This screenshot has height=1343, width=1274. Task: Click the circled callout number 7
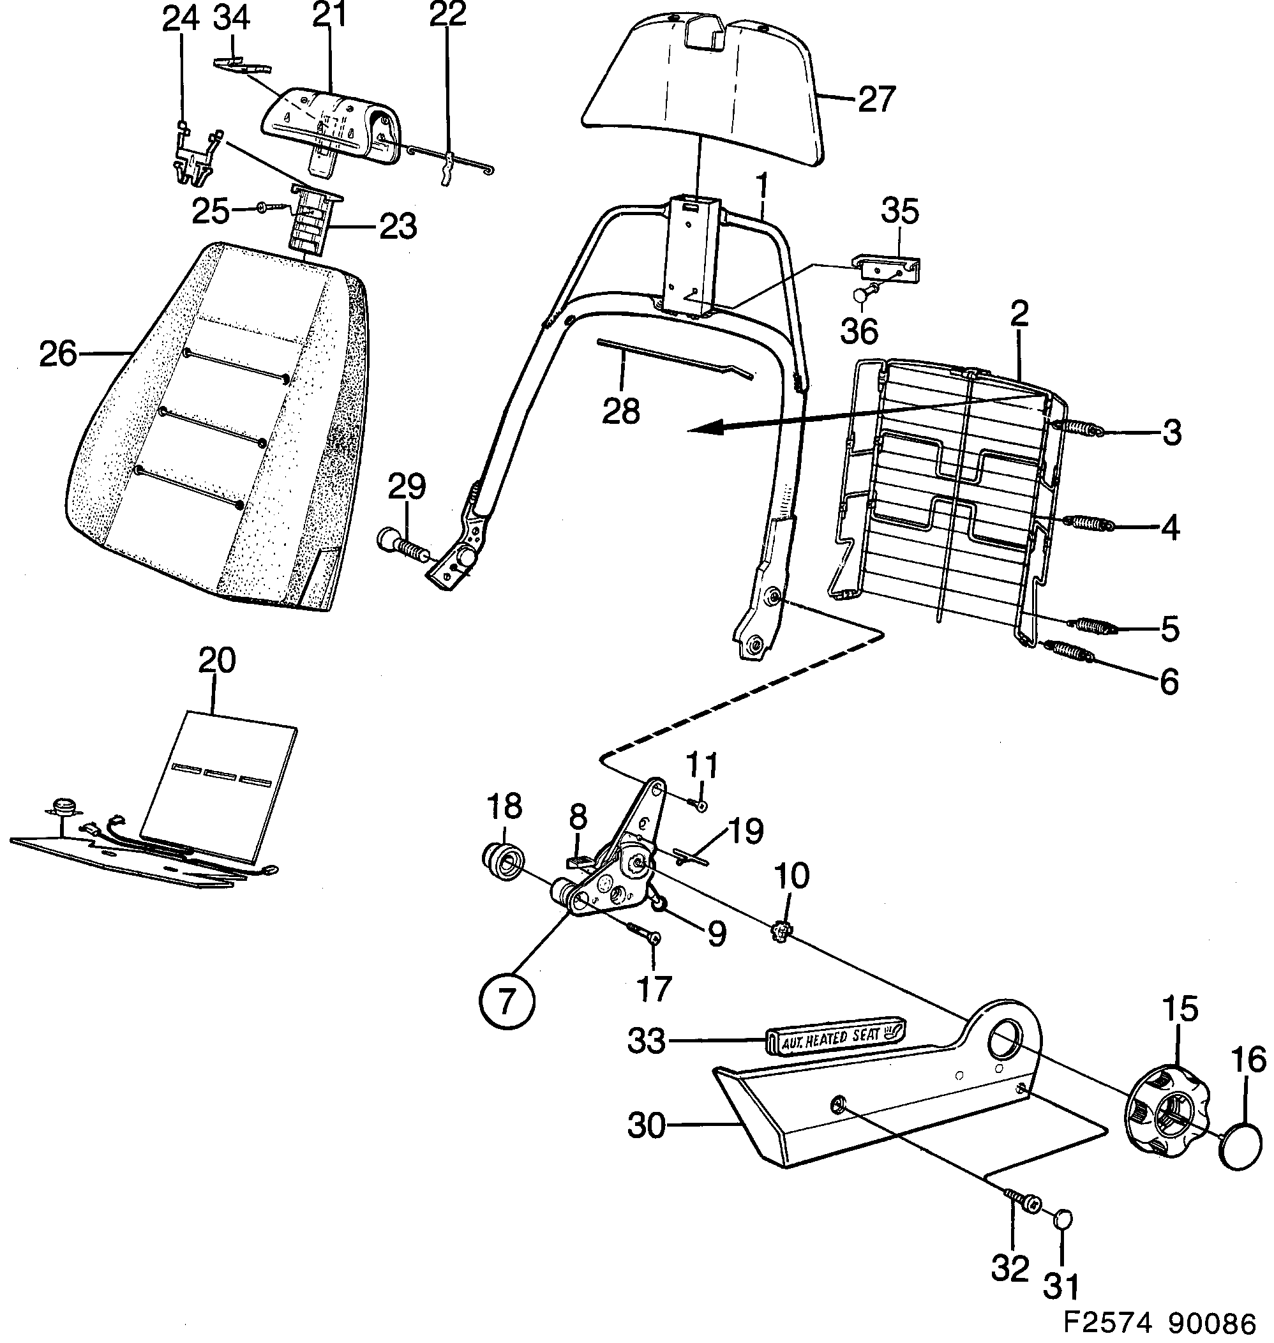(x=507, y=1001)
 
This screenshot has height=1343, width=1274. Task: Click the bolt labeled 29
(x=399, y=543)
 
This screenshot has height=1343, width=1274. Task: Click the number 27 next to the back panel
(x=876, y=100)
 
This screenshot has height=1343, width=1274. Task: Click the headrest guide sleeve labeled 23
(x=311, y=224)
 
